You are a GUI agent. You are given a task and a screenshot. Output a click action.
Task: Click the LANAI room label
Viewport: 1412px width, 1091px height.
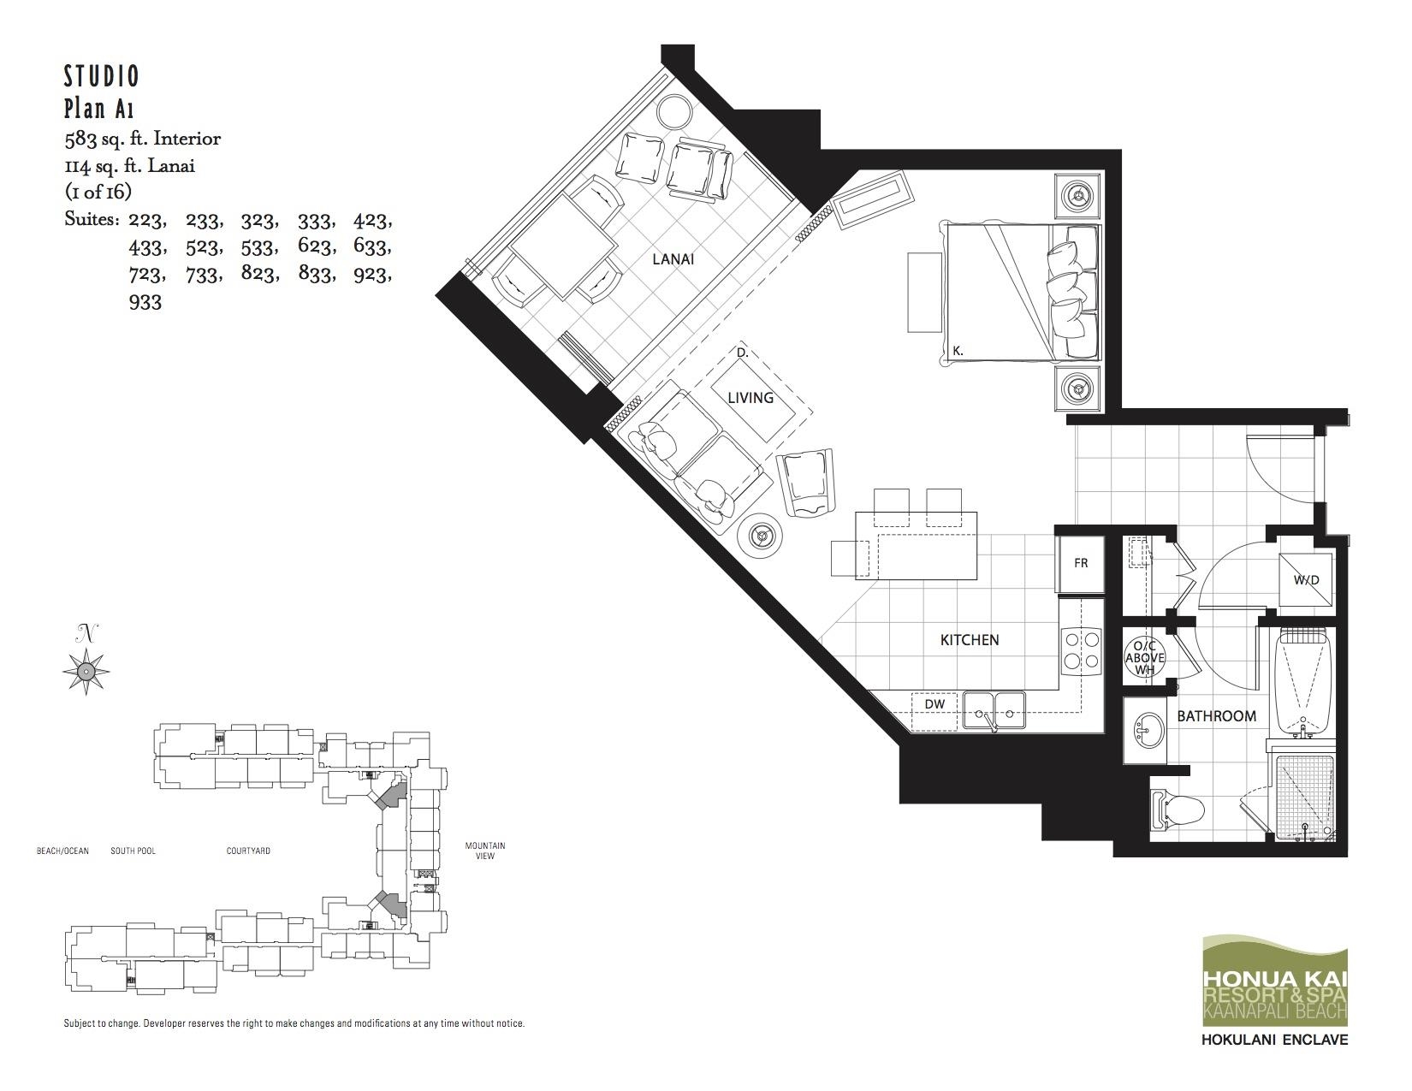(673, 259)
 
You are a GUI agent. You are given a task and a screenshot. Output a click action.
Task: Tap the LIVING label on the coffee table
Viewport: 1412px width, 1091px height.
(750, 398)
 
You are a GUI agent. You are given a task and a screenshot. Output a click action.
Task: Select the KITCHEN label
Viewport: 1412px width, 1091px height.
(970, 640)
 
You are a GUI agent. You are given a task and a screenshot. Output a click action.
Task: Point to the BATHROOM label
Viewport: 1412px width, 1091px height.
(1216, 716)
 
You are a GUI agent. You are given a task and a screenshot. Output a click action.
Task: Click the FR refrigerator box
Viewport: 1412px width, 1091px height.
(1081, 563)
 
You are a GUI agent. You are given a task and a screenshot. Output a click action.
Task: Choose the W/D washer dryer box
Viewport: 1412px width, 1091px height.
(1306, 579)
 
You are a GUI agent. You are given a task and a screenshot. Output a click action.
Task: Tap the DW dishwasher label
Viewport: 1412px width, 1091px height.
(934, 704)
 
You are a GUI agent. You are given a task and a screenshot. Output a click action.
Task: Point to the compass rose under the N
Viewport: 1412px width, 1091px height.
(86, 671)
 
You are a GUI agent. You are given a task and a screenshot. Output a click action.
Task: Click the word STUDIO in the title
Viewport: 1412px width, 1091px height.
(101, 77)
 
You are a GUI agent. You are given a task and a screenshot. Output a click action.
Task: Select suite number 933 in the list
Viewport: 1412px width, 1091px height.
(145, 302)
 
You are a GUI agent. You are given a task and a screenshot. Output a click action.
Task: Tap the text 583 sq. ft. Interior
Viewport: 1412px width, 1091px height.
(142, 139)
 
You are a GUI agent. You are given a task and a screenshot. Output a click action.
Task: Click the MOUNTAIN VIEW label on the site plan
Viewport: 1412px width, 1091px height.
(484, 851)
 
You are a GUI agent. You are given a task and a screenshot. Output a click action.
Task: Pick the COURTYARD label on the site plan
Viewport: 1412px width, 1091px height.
(248, 851)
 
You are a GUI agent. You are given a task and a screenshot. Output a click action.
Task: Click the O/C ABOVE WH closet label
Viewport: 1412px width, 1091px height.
(1145, 657)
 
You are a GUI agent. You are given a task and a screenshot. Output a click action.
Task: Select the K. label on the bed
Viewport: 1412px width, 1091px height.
(958, 351)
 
